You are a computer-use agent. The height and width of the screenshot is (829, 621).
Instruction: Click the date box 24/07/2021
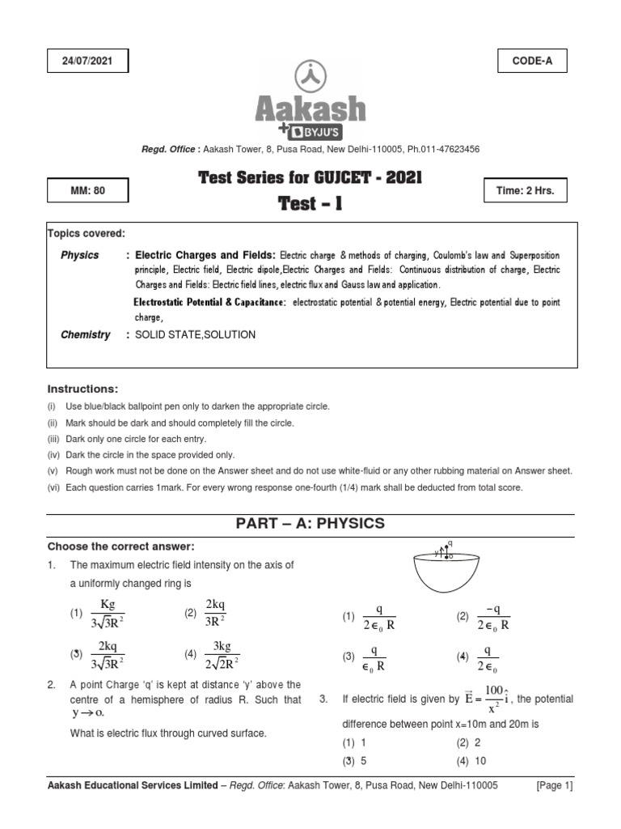coord(88,61)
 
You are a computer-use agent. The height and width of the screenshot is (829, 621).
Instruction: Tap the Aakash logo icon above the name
coord(310,76)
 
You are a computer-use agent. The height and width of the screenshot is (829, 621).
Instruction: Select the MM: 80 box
coord(88,191)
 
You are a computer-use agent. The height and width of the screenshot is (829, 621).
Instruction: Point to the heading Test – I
coord(310,203)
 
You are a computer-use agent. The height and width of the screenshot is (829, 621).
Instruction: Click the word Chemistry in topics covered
coord(85,334)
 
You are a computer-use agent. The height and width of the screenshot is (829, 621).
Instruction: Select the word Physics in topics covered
coord(80,255)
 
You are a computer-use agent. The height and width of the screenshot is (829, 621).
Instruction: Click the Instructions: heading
coord(82,389)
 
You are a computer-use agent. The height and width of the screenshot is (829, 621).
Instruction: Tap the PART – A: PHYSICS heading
coord(310,524)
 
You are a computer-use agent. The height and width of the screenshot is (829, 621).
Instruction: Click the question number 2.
coord(51,685)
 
